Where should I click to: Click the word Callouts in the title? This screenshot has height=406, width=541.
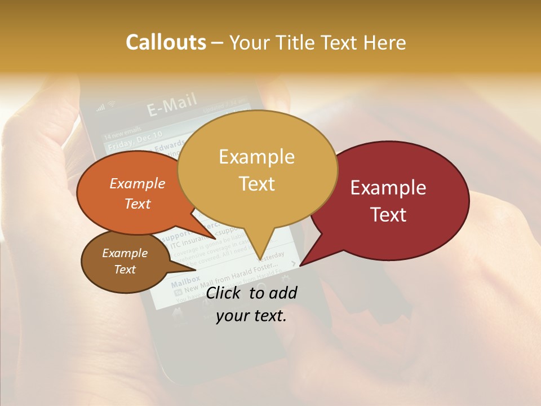coord(166,42)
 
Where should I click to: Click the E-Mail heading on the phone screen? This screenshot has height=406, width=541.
coord(172,105)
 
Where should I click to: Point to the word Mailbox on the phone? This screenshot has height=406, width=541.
coord(185,280)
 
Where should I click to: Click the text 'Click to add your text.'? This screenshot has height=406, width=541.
coord(251,304)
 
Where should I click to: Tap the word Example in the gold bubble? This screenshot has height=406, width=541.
coord(256,156)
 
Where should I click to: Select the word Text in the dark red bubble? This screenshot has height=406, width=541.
coord(389,214)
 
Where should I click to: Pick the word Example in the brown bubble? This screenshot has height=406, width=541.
coord(125,253)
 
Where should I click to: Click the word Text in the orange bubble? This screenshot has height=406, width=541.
coord(138,204)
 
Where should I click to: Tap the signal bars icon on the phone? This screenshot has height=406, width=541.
coord(100,107)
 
